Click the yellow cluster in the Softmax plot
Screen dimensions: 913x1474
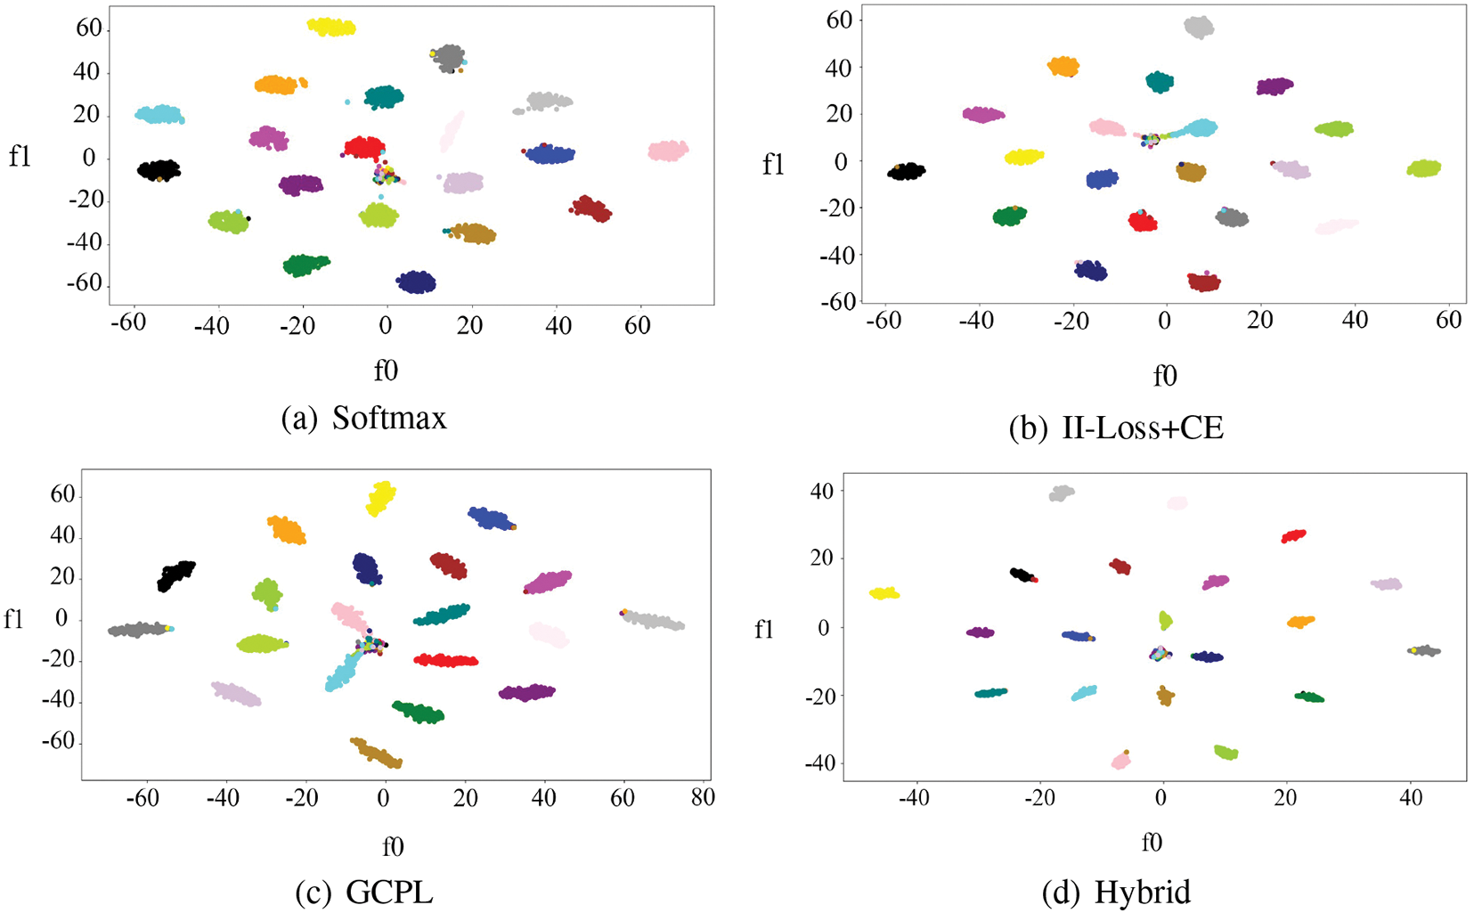[x=331, y=26]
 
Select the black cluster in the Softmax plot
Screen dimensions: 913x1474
[x=159, y=169]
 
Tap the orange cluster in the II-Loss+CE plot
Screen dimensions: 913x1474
[x=1063, y=66]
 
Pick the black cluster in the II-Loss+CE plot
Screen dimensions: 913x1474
[x=907, y=171]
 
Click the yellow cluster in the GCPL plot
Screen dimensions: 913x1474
[x=380, y=498]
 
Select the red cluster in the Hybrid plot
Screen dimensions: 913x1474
[x=1293, y=535]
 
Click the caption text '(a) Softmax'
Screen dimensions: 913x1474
[x=363, y=418]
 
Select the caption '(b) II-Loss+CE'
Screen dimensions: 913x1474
[x=1116, y=428]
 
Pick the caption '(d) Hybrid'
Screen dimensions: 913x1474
[x=1116, y=892]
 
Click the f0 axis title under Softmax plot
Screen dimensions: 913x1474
[x=386, y=371]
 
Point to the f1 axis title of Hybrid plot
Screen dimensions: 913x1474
[x=764, y=630]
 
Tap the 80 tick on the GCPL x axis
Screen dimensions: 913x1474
[x=703, y=797]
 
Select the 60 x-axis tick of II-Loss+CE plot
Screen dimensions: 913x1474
[x=1449, y=320]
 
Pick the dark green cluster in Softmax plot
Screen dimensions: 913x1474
[x=305, y=264]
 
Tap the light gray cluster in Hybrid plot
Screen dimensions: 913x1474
[x=1062, y=493]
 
